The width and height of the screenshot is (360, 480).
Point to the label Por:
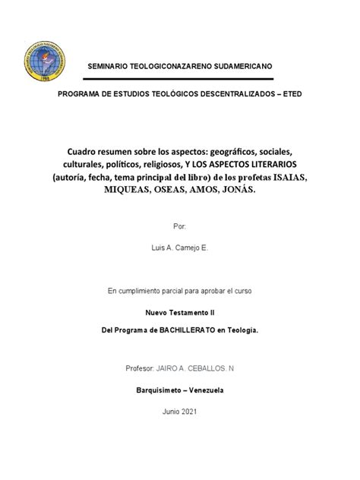(x=179, y=227)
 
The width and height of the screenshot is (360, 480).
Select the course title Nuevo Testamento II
(x=179, y=312)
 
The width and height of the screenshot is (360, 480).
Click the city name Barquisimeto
(x=159, y=390)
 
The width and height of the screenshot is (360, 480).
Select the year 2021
(x=189, y=411)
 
